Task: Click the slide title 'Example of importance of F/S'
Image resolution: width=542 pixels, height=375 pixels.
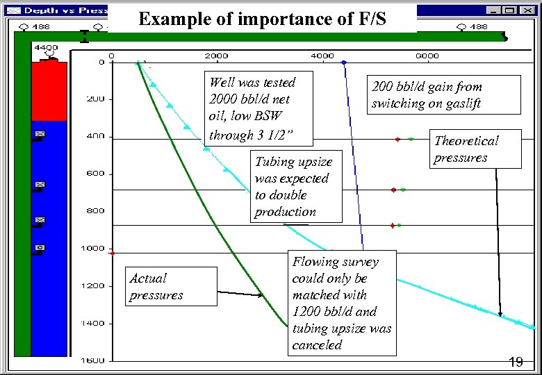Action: coord(263,19)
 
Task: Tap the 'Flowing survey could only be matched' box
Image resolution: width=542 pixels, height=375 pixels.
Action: coord(342,303)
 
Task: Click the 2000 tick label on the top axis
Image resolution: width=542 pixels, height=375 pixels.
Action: coord(215,56)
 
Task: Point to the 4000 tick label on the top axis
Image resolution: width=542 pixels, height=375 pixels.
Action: coord(322,56)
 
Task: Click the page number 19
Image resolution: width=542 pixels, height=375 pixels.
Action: coord(516,362)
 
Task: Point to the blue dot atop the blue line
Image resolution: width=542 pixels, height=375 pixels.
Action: coord(343,62)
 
